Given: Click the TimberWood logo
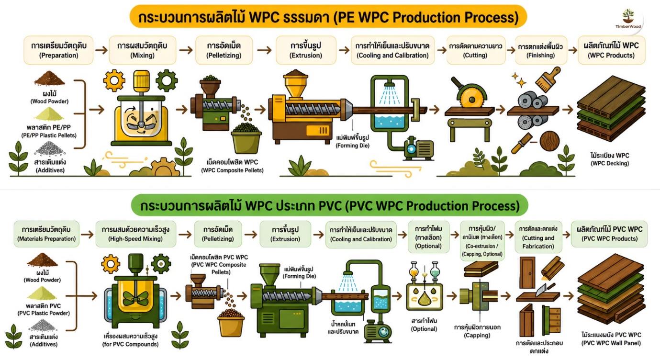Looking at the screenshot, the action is [x=628, y=19].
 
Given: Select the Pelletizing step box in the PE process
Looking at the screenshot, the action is [x=224, y=50].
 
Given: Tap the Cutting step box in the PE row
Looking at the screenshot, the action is [x=476, y=50].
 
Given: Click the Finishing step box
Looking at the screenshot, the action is [x=541, y=50].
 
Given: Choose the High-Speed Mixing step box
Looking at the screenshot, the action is [x=135, y=234].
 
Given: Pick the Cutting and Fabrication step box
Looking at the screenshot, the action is [x=538, y=237].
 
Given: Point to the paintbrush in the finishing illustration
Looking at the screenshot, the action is [x=548, y=79].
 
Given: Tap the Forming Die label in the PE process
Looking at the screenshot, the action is [x=353, y=142].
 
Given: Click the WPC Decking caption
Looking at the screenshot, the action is [x=610, y=159].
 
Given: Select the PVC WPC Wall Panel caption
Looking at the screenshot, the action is [x=611, y=339].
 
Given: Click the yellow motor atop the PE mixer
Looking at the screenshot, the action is [x=142, y=80].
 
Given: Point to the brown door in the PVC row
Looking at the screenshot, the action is [x=527, y=272].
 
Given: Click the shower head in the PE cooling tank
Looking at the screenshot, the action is [x=390, y=85].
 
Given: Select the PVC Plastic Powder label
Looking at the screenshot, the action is [x=44, y=309].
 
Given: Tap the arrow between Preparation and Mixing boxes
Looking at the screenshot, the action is [x=101, y=50].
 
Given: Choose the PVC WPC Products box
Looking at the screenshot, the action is [x=609, y=234].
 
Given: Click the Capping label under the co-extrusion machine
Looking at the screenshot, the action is [x=477, y=331].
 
